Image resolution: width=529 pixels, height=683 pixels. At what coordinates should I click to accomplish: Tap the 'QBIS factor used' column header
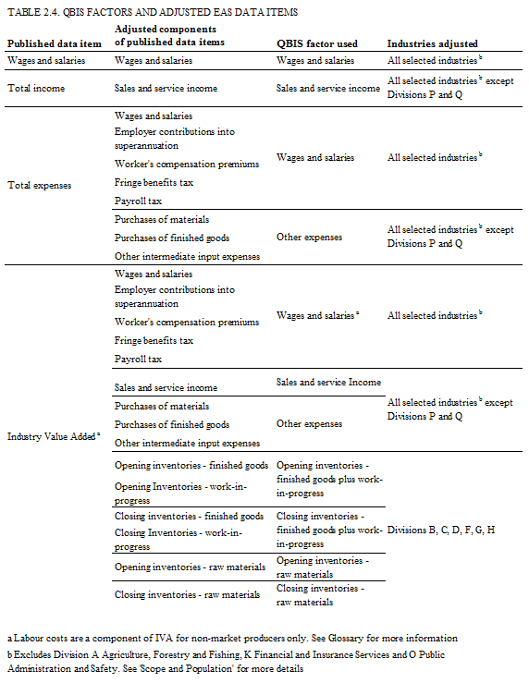[316, 43]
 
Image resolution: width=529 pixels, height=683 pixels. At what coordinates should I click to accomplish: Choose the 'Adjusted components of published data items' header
[170, 37]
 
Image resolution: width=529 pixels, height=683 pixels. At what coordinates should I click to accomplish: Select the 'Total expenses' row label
[39, 185]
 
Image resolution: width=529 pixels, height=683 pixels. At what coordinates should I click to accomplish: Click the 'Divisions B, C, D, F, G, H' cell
[441, 531]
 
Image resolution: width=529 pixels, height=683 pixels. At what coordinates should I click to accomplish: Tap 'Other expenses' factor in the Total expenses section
[310, 238]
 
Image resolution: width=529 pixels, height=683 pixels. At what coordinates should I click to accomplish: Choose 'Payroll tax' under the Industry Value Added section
[138, 359]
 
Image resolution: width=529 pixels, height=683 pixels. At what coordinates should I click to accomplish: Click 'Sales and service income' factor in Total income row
[328, 89]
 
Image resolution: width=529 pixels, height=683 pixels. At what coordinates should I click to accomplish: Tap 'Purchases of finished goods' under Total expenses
[171, 238]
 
